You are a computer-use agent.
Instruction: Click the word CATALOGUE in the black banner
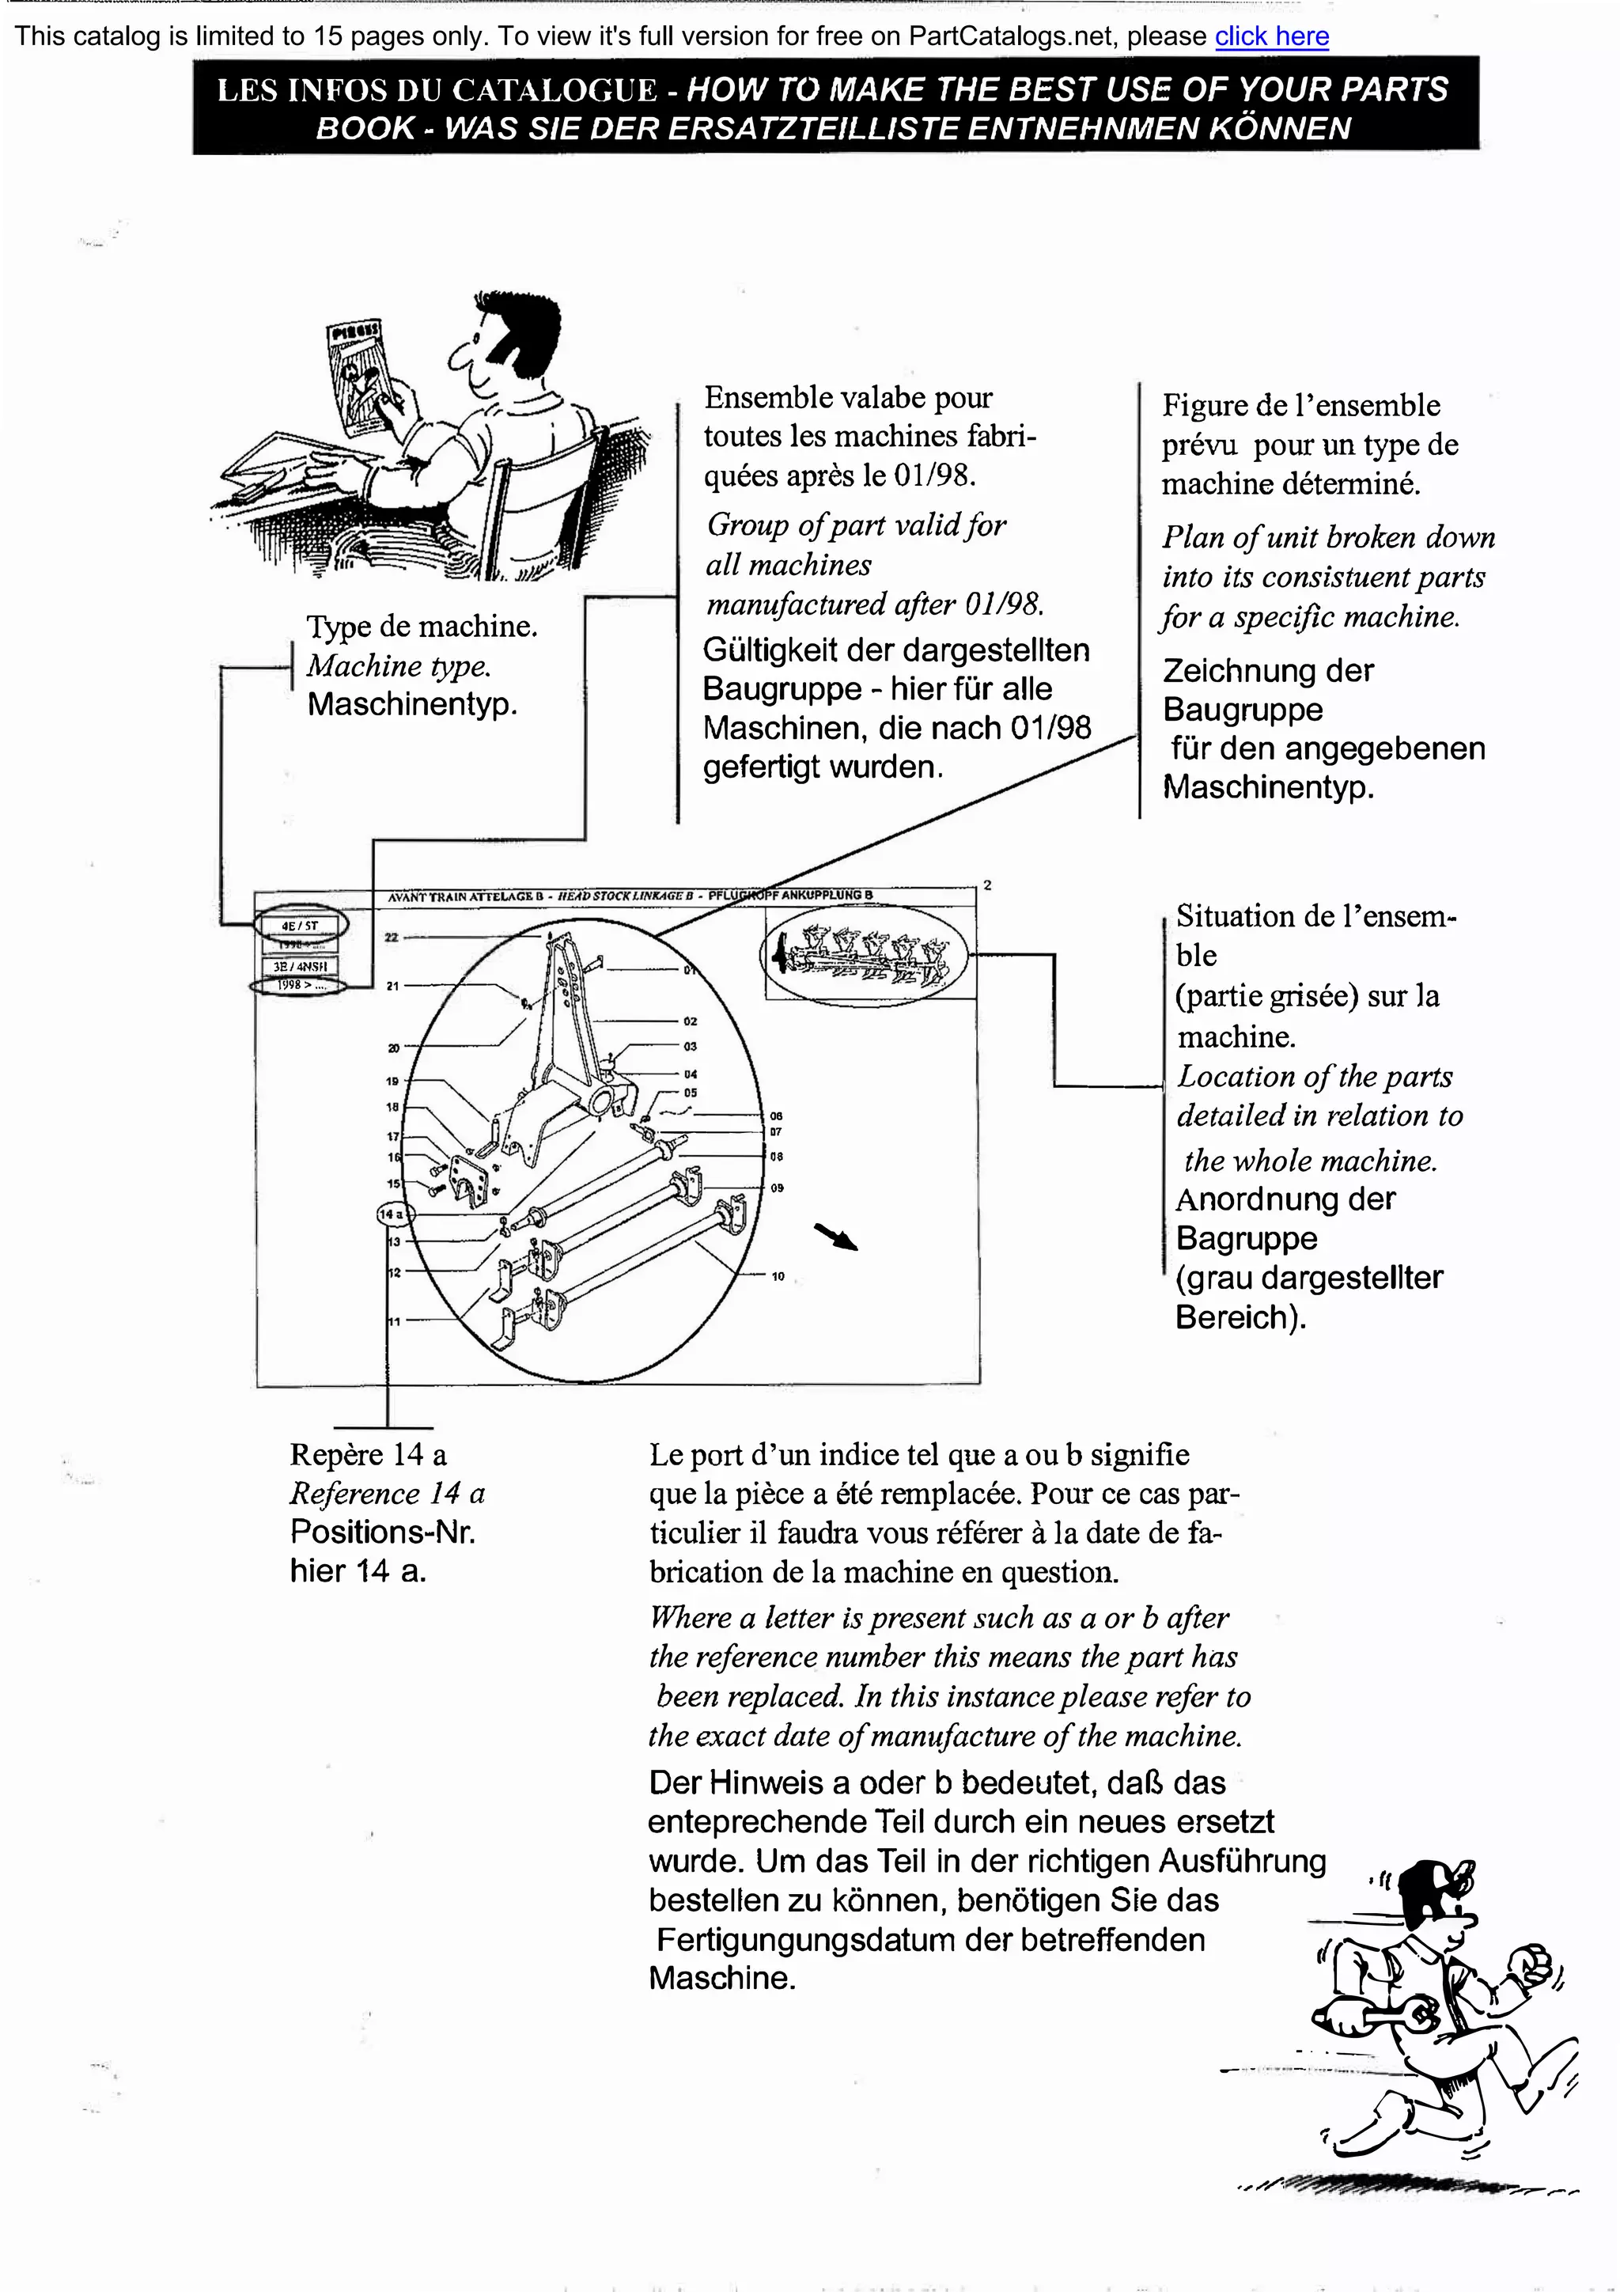point(554,91)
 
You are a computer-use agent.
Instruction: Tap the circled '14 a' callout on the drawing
point(392,1214)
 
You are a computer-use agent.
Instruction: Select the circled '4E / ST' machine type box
point(300,926)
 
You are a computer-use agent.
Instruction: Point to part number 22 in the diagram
point(392,938)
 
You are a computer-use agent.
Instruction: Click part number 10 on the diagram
point(778,1276)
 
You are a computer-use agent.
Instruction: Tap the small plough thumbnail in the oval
point(865,954)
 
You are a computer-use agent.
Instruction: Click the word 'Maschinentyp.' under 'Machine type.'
point(412,704)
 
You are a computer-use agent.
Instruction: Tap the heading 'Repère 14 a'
point(367,1454)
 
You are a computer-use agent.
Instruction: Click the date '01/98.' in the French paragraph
point(934,475)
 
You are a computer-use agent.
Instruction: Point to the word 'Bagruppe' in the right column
point(1246,1238)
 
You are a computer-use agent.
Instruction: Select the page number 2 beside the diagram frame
point(987,885)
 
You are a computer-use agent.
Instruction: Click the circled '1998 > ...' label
point(298,985)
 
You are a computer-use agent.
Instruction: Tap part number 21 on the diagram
point(392,985)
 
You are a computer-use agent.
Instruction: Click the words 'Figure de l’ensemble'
point(1300,405)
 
